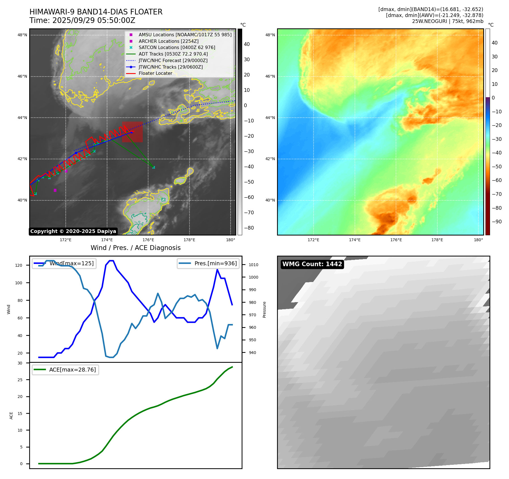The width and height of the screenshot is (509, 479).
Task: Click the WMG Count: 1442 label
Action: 312,264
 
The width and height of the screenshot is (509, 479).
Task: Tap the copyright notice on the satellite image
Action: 73,231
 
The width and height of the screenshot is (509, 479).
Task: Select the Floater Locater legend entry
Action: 155,73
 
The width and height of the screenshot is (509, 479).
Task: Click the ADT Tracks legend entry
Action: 173,54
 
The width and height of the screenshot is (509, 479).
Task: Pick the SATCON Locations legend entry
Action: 177,48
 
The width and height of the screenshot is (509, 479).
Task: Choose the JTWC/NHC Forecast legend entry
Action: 173,61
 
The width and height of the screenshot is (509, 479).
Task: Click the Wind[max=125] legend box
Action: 64,264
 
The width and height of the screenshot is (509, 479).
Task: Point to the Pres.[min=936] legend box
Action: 208,264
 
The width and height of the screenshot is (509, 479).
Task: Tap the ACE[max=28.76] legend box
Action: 65,370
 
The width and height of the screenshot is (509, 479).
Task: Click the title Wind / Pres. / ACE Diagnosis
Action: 135,248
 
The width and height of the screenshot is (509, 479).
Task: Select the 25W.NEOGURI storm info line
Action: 448,21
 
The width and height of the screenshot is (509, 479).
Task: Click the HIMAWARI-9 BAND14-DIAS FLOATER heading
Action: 96,12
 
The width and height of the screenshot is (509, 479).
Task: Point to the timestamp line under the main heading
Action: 82,20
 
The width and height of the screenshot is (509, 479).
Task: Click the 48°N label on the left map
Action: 22,35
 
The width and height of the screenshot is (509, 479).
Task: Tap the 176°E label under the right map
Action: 396,240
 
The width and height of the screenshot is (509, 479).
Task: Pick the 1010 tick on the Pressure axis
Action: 254,265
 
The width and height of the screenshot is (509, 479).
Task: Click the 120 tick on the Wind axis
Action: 19,266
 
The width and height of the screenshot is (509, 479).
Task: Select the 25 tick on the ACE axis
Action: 20,380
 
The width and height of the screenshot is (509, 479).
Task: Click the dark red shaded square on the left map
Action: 132,132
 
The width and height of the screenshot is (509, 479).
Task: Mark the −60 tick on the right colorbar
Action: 497,181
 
